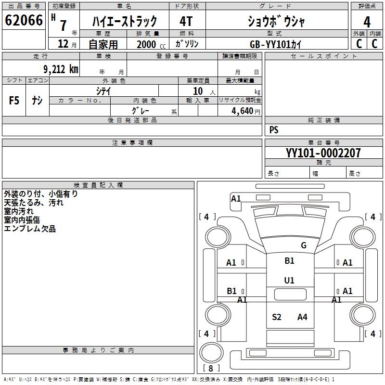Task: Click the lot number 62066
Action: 24,20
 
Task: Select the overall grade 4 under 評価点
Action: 367,22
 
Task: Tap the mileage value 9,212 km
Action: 61,69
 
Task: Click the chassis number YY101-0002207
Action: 323,153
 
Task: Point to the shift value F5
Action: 14,101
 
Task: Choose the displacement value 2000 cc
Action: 151,44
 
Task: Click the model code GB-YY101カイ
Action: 275,44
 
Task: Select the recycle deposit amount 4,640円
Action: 246,111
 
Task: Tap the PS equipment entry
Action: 274,129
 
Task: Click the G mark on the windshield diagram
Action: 304,245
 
